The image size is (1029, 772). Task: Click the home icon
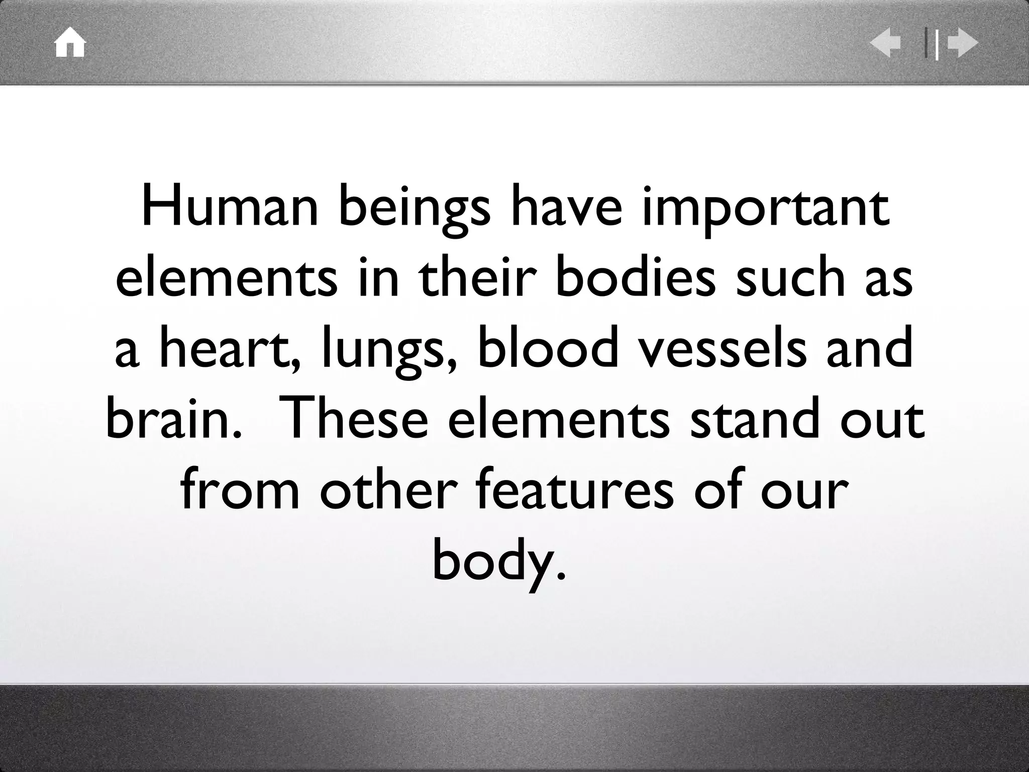pyautogui.click(x=70, y=43)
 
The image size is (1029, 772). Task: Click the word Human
pyautogui.click(x=230, y=207)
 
